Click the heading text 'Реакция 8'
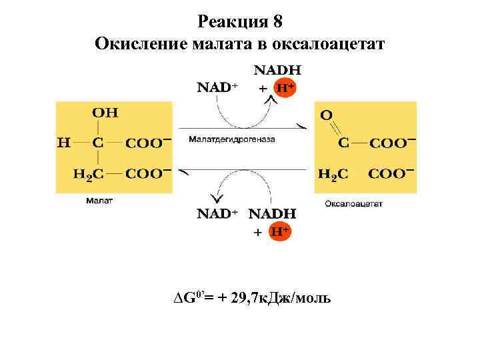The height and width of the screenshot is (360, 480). (x=240, y=21)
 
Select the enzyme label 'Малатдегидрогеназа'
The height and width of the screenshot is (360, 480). (x=231, y=140)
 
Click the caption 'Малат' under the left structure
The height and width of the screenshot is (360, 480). (x=99, y=200)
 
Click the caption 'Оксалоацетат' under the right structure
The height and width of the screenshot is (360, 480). (x=354, y=204)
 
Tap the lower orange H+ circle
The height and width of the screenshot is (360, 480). (x=280, y=231)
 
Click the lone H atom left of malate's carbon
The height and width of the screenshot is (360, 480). (x=63, y=142)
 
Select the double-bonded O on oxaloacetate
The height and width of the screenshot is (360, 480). (x=326, y=115)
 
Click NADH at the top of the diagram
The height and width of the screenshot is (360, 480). (x=277, y=69)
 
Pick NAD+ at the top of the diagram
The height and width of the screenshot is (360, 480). (x=217, y=87)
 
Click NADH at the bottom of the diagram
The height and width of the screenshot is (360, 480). (x=272, y=214)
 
